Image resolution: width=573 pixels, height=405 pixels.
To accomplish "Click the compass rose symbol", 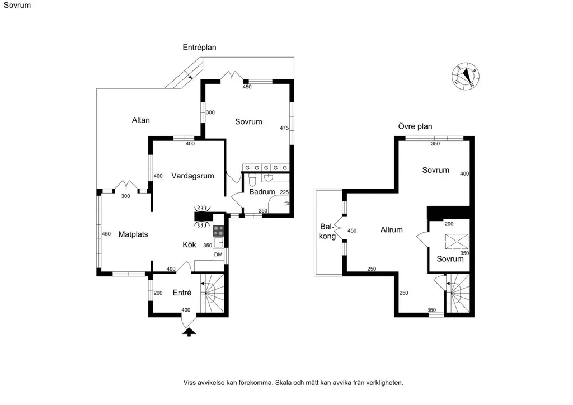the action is [466, 76].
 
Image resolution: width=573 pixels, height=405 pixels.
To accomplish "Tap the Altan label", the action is [140, 120].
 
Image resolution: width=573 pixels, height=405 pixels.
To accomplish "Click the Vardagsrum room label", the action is [192, 176].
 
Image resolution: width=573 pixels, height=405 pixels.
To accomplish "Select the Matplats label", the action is [133, 234].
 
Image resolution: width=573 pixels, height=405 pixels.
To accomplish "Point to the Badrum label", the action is [262, 192].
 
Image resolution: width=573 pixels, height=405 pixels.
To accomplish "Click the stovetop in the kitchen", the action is [219, 230].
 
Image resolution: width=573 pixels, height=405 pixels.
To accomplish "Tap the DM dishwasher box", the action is [218, 255].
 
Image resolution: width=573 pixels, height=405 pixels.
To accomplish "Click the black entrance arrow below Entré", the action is [189, 332].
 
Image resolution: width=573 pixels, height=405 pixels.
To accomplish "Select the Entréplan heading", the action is [200, 48].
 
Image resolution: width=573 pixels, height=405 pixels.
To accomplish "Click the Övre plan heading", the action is [415, 126].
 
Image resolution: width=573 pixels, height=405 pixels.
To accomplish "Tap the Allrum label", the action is [391, 230].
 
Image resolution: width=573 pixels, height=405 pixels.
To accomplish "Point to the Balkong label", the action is [327, 231].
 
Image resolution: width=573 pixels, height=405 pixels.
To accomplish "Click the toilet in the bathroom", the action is [252, 180].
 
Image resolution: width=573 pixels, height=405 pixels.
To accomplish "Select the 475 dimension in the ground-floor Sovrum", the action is [284, 128].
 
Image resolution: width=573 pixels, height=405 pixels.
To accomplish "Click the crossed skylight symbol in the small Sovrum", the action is [456, 242].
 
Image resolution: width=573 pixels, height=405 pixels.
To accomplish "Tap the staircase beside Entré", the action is [212, 293].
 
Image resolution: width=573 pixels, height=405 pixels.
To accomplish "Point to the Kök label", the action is [189, 244].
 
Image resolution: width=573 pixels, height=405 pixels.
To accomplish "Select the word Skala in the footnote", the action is [284, 383].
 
